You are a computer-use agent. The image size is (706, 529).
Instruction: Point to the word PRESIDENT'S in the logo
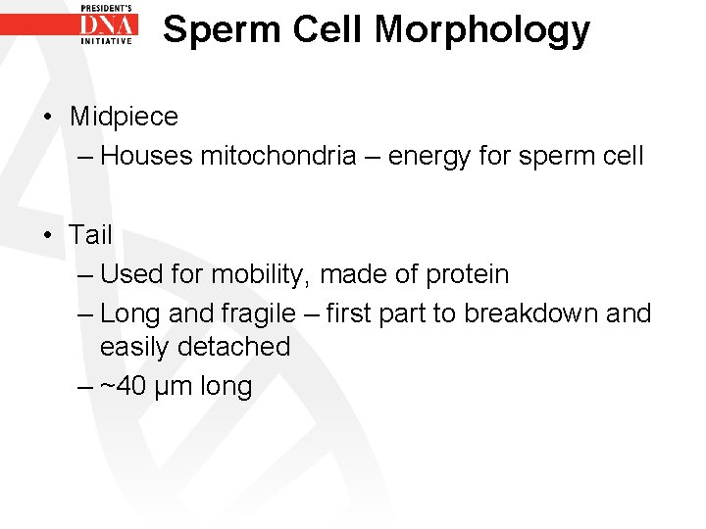pos(107,7)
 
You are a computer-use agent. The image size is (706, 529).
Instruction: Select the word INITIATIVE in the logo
pos(107,41)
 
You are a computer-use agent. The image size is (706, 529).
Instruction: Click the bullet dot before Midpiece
pos(47,117)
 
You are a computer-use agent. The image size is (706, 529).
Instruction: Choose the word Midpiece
pos(124,117)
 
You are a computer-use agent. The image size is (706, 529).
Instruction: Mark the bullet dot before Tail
pos(47,235)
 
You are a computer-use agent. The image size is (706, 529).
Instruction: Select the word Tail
pos(90,235)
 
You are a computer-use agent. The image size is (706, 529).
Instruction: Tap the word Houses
pos(146,156)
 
